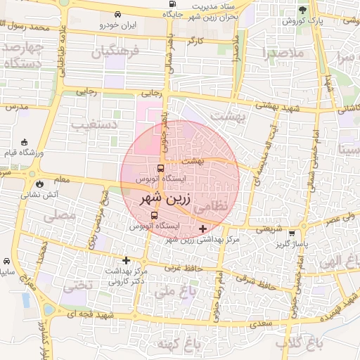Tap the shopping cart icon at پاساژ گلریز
pyautogui.click(x=302, y=234)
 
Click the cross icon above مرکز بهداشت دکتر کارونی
pyautogui.click(x=127, y=260)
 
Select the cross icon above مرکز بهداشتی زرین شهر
pyautogui.click(x=203, y=229)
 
